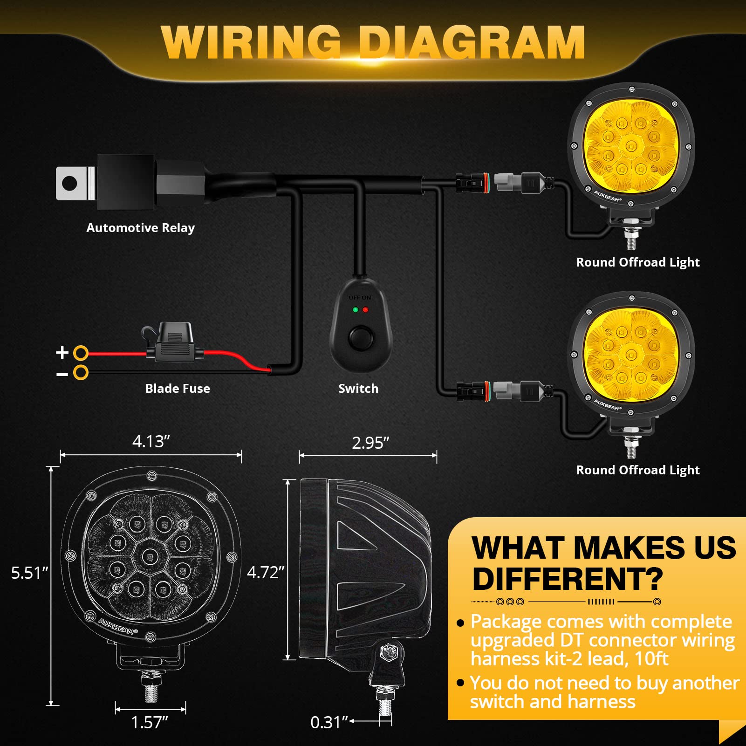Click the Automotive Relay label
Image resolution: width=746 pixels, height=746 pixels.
(140, 228)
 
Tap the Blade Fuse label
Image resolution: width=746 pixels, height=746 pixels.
(178, 389)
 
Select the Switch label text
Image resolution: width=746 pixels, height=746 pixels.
(358, 389)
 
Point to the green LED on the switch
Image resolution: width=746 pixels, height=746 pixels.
(356, 310)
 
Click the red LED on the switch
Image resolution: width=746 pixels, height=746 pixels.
(365, 310)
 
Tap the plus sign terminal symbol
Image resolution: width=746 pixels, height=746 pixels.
(62, 352)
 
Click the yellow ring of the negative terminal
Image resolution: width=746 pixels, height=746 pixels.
(81, 372)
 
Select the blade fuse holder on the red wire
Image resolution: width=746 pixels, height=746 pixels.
(174, 342)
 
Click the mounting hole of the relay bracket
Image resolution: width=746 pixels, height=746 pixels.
(70, 183)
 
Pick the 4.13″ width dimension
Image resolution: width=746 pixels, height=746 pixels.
(151, 441)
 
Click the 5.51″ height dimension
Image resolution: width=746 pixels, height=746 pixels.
(29, 573)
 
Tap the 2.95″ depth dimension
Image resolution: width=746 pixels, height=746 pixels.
(370, 443)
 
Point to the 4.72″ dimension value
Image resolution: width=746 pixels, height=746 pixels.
(266, 572)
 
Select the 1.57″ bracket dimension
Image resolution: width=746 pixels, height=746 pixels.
(149, 722)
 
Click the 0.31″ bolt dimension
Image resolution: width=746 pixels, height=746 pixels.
(329, 722)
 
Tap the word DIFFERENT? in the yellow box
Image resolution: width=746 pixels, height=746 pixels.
(567, 579)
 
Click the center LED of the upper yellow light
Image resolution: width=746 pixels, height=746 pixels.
(631, 146)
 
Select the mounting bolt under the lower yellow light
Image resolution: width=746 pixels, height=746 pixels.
(631, 449)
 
